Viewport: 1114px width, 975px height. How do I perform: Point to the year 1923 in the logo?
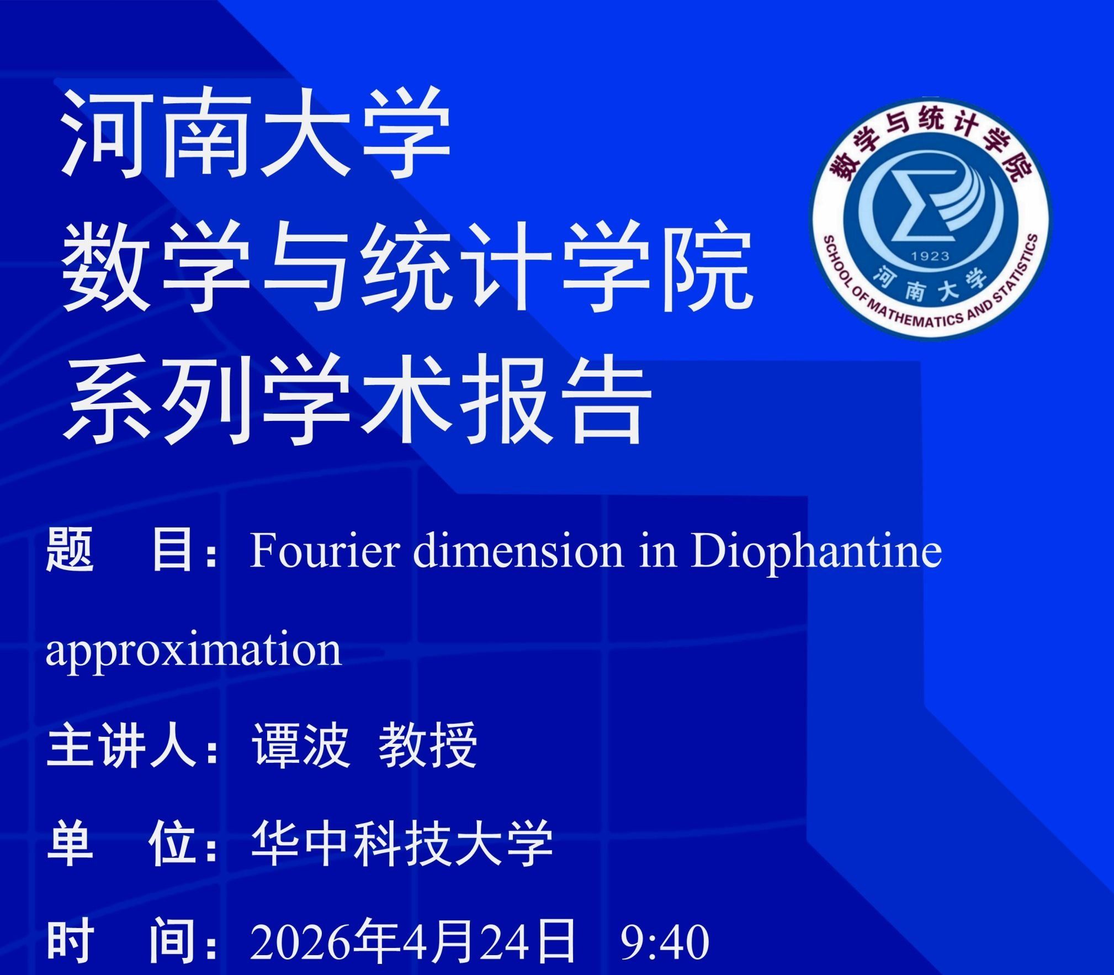(x=930, y=256)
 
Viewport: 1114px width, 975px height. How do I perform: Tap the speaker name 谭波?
(x=301, y=746)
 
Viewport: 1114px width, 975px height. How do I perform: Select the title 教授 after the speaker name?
(x=428, y=746)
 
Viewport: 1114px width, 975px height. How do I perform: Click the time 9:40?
(x=665, y=942)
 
